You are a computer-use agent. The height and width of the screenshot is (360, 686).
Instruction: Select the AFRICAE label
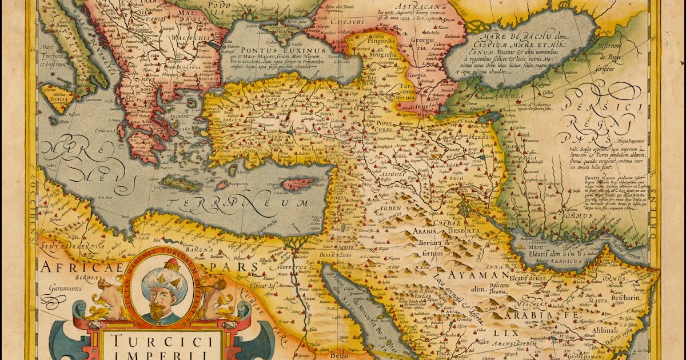pos(65,268)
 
